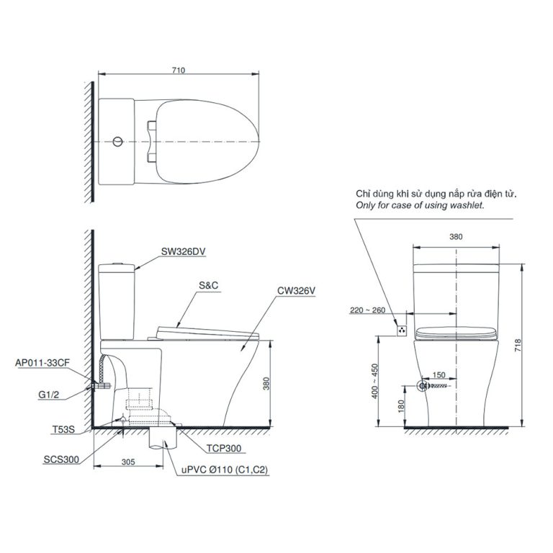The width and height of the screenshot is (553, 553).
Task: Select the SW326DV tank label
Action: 184,251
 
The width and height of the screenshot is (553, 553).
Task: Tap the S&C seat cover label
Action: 209,285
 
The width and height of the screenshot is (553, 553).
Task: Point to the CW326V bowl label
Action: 296,292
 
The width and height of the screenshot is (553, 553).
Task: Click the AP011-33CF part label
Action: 42,363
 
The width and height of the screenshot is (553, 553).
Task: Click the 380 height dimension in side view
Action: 266,384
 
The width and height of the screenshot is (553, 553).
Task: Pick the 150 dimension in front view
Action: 439,375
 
